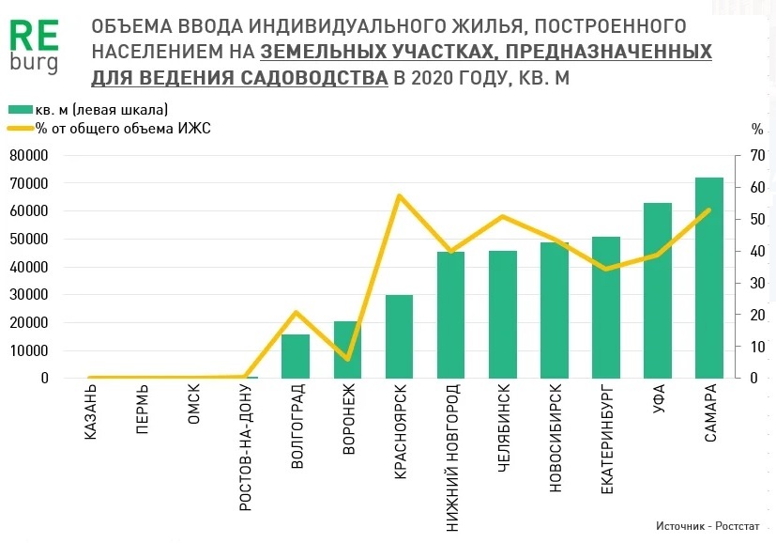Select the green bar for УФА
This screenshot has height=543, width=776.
pos(657,290)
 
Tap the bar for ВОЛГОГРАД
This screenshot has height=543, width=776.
pos(296,356)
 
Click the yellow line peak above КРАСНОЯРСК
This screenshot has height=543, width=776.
pos(399,195)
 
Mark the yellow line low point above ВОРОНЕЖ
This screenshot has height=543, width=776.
pos(347,359)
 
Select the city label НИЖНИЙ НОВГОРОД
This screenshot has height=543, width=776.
pos(451,458)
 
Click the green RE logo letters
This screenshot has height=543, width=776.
pos(34,35)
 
